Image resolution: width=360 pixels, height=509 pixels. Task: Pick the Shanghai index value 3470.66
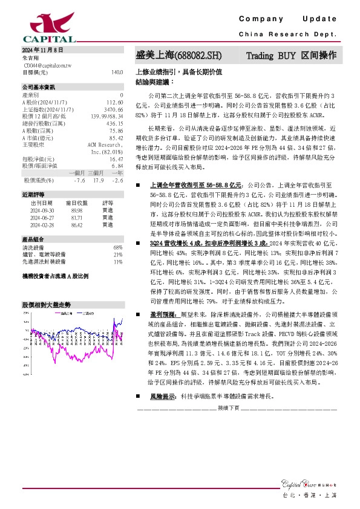click(x=113, y=109)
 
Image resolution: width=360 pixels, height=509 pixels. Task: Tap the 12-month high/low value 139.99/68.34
click(x=107, y=116)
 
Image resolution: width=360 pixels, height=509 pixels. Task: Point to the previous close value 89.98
click(x=76, y=210)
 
